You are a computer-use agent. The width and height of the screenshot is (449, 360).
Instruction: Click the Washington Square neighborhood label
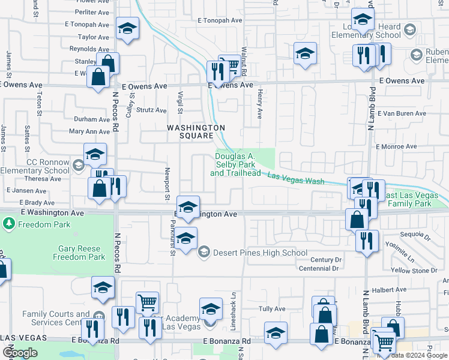pos(196,131)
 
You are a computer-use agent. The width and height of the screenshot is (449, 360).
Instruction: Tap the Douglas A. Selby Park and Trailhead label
pos(235,165)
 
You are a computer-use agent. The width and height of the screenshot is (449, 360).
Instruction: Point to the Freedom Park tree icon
pos(9,224)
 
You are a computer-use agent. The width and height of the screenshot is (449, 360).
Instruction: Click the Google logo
pos(20,353)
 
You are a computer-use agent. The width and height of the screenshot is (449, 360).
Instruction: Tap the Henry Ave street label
pos(260,103)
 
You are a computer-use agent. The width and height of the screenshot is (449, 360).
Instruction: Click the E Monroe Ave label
pos(396,146)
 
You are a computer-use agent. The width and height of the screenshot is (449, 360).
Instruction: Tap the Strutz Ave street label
pos(151,110)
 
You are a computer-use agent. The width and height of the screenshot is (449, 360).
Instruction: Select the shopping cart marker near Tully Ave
pos(147,302)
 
